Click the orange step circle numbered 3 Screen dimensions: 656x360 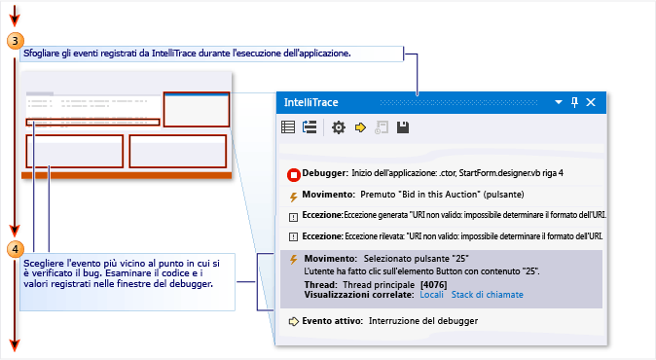click(x=16, y=41)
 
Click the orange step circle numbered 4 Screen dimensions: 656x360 click(x=16, y=250)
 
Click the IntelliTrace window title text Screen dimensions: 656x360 click(x=310, y=102)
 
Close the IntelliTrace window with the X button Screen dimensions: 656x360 click(x=591, y=102)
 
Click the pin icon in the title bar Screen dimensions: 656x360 click(x=575, y=102)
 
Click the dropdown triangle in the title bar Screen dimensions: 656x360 click(x=559, y=102)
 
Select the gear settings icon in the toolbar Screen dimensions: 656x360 click(x=339, y=127)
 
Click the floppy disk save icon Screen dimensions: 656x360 click(x=403, y=127)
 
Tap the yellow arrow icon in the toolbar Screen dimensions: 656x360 click(x=360, y=127)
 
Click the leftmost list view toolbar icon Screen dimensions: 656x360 click(x=288, y=127)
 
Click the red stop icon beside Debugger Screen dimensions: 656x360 click(x=294, y=175)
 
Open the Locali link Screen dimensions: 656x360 click(x=431, y=295)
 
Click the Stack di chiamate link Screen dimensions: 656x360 click(x=488, y=295)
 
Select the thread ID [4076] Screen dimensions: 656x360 click(x=433, y=285)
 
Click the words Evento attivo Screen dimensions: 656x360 click(x=332, y=321)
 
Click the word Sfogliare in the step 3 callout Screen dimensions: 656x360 click(x=41, y=54)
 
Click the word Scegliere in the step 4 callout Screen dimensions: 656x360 click(x=44, y=264)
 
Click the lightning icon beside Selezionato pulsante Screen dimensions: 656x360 click(x=294, y=260)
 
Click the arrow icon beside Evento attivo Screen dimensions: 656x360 click(x=294, y=321)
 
